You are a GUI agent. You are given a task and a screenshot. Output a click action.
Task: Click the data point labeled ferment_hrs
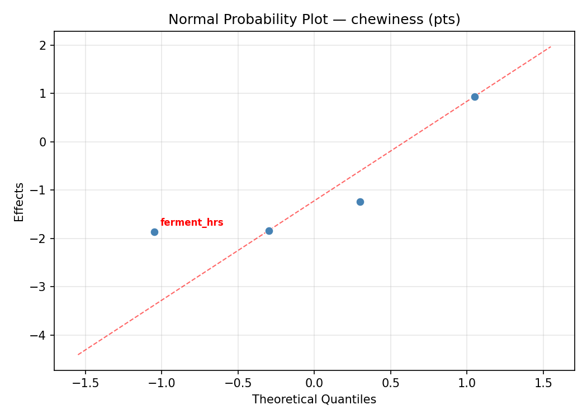click(x=154, y=232)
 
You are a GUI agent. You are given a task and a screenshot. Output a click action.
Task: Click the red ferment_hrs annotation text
click(x=192, y=222)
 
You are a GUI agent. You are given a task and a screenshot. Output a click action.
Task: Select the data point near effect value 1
click(x=475, y=97)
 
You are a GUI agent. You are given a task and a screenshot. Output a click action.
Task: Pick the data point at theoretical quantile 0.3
click(x=360, y=202)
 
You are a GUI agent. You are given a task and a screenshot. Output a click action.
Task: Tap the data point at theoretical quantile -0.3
click(x=269, y=231)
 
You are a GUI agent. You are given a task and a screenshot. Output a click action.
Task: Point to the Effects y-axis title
click(x=20, y=202)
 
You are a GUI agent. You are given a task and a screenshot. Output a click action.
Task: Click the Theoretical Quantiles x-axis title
click(x=314, y=399)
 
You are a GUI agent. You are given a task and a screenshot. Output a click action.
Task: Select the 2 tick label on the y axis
click(x=43, y=45)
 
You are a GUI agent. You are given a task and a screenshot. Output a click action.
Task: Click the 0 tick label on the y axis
click(x=43, y=142)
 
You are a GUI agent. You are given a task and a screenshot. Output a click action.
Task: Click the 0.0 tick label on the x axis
click(x=314, y=384)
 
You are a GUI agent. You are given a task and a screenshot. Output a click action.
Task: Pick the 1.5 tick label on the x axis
click(x=543, y=384)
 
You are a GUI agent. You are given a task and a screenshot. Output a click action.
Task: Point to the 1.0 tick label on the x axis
click(x=466, y=384)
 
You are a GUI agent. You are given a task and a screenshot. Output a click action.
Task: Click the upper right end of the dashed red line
click(x=551, y=46)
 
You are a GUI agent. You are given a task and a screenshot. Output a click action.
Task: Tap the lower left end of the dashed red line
click(x=78, y=354)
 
